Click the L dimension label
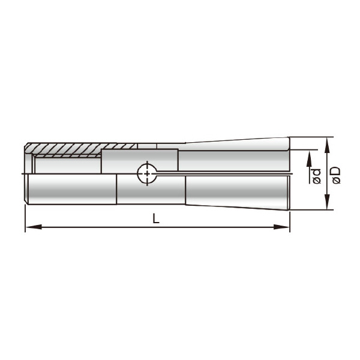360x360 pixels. (x=156, y=218)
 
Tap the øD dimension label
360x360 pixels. (x=337, y=175)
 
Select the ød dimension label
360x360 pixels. (x=317, y=176)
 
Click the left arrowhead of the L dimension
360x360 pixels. (x=34, y=227)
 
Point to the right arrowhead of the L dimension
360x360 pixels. (x=281, y=227)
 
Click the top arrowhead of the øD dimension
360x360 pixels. (x=327, y=145)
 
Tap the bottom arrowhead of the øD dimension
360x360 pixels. (x=327, y=202)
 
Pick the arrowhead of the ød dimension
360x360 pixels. (x=309, y=158)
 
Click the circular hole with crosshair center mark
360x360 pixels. (x=147, y=173)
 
